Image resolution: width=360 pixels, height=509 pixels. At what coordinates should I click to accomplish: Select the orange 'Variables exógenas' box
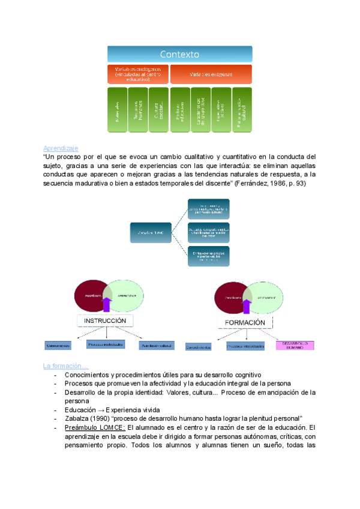tap(211, 74)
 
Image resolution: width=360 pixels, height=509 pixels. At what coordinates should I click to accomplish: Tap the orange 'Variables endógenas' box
tap(138, 74)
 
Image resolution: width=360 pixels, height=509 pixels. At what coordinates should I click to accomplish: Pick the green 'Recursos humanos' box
tap(138, 110)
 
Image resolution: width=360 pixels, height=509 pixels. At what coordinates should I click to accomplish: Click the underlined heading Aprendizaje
tap(61, 148)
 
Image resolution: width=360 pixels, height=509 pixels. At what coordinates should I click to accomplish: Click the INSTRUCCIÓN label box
tap(105, 321)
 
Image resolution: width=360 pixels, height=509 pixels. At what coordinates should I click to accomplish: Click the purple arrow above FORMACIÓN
tap(245, 306)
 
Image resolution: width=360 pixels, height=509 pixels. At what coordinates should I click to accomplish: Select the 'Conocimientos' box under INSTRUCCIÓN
tap(58, 346)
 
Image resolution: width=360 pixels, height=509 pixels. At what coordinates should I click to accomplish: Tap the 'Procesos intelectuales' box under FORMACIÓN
tap(245, 346)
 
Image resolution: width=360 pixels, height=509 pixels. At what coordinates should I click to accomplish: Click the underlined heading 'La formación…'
tap(65, 366)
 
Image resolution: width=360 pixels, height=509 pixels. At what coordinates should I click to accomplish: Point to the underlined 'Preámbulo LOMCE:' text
tap(95, 427)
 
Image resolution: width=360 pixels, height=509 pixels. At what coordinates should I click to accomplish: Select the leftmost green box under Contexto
tap(118, 110)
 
